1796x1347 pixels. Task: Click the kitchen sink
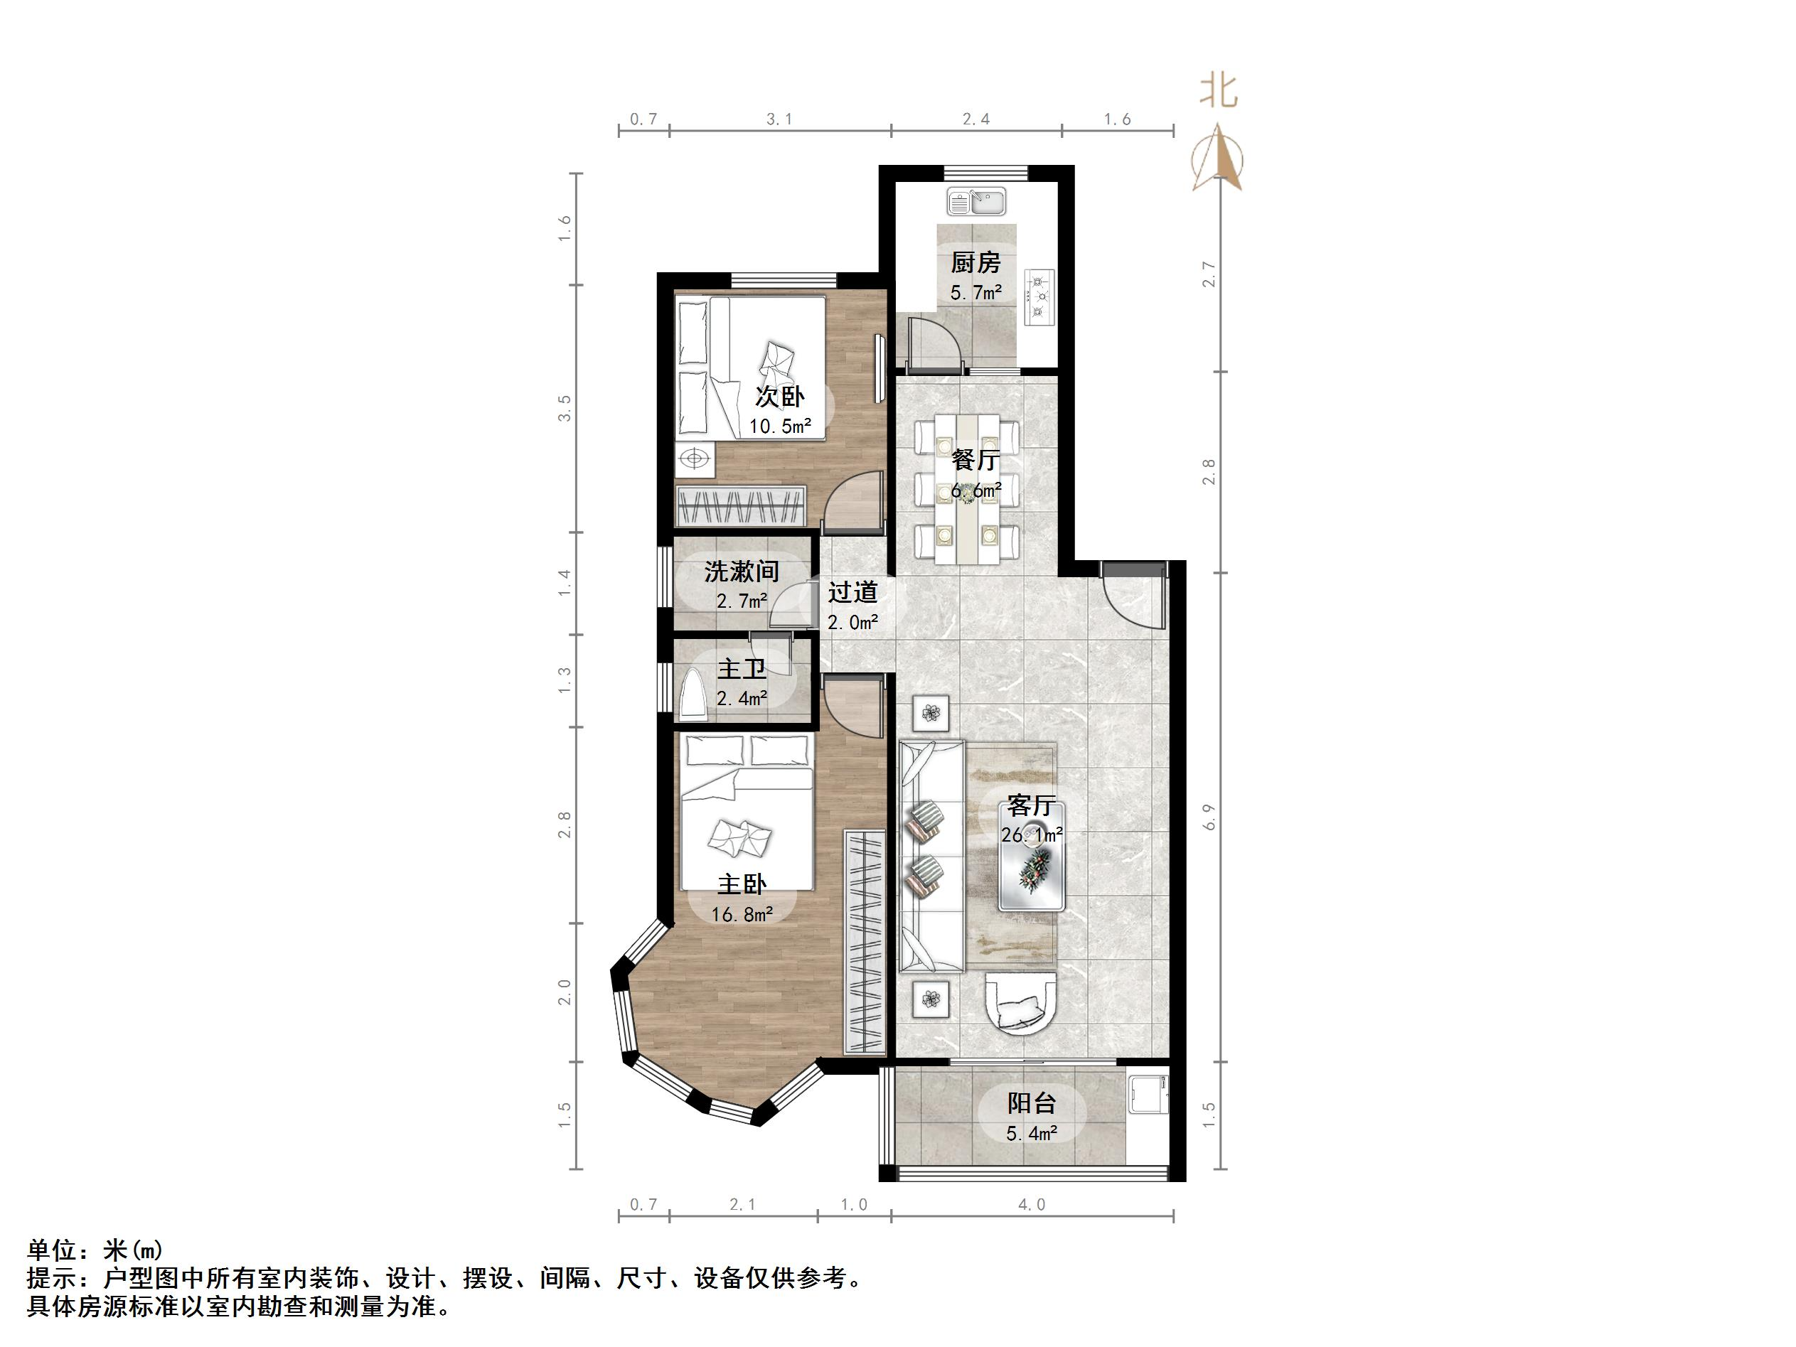click(x=976, y=200)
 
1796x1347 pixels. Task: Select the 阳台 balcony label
click(x=1031, y=1102)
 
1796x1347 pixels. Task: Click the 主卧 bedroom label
click(x=742, y=884)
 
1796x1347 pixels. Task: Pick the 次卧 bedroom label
click(x=779, y=396)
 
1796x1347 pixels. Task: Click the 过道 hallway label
click(x=852, y=592)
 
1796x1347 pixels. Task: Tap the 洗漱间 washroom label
click(x=742, y=571)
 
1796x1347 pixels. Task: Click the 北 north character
click(x=1218, y=92)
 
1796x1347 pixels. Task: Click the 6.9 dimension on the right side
click(x=1209, y=817)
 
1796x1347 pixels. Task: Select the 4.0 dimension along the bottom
click(x=1031, y=1205)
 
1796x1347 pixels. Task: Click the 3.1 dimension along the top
click(x=779, y=119)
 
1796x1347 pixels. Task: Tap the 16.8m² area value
click(x=742, y=914)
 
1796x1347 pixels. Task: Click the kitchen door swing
click(x=934, y=345)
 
